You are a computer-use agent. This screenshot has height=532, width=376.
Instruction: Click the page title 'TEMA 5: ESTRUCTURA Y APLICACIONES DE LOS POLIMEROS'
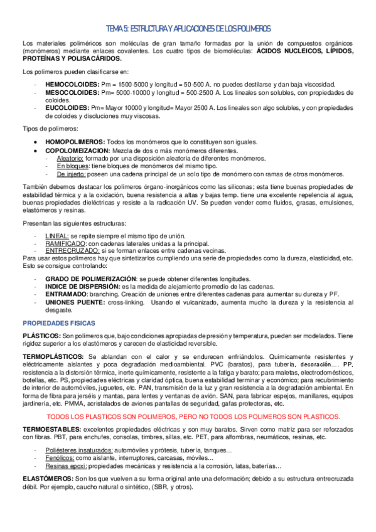click(x=188, y=29)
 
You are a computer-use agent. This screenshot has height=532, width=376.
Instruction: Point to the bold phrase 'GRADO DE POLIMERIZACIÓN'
click(x=90, y=278)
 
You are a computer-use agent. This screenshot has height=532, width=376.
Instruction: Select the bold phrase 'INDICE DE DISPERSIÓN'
click(x=83, y=286)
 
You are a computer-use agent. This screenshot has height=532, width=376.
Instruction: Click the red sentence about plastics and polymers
click(x=188, y=417)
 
